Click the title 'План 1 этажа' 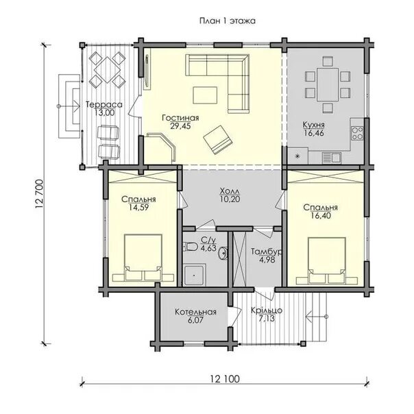(x=228, y=21)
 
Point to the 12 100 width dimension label (x=226, y=379)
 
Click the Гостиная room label (x=180, y=117)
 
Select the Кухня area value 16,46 (x=314, y=133)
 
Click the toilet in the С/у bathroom (x=191, y=247)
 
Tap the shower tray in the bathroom (x=194, y=276)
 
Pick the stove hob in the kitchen (x=357, y=133)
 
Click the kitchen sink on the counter (x=331, y=158)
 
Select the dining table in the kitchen (x=328, y=84)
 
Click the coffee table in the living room (x=205, y=95)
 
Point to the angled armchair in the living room (x=218, y=140)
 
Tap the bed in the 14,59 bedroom (x=143, y=258)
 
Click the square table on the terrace (x=107, y=70)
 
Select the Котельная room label (x=195, y=312)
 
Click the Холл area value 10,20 (x=230, y=199)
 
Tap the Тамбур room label (x=267, y=252)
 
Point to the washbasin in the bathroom (x=223, y=253)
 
